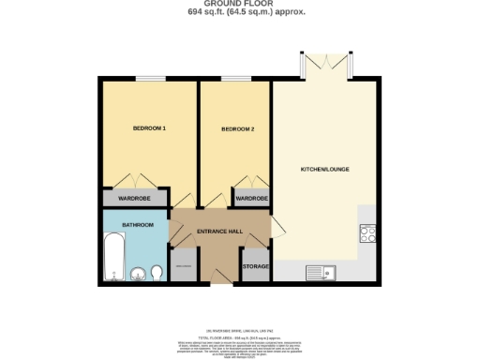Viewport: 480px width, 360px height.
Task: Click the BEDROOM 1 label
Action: pos(150,127)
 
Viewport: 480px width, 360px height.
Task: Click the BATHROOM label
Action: pos(137,225)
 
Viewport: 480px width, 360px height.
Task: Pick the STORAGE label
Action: pos(256,267)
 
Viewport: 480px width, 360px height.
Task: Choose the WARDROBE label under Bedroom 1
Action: pos(133,199)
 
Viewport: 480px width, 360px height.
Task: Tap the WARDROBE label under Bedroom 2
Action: pos(250,199)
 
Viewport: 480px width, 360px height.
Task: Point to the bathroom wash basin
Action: pos(157,273)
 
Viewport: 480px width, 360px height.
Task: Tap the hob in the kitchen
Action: pos(367,235)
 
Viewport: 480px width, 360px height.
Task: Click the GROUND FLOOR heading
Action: pos(240,4)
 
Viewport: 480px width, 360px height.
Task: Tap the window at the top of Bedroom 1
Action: pos(150,80)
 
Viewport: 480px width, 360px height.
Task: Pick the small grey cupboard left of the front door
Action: pos(184,265)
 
